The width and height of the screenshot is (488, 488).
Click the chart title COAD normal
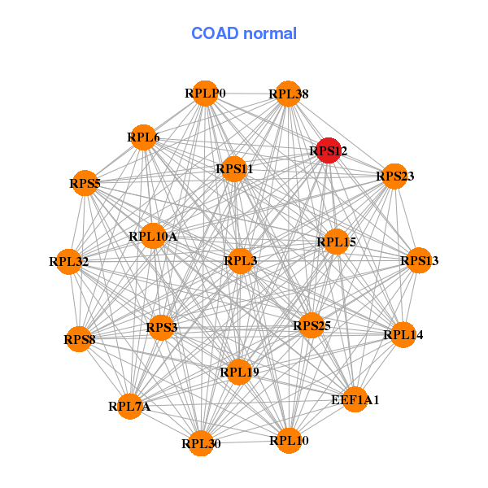(244, 33)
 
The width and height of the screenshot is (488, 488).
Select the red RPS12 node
(328, 150)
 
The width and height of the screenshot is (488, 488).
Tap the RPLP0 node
(205, 94)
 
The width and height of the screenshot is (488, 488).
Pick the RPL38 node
(289, 94)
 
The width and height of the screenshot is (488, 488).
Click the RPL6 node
(143, 137)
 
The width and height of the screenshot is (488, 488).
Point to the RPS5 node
(85, 184)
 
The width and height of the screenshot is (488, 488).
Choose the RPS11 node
(234, 169)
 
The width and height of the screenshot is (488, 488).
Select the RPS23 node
(394, 176)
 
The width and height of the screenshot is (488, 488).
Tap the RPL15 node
(337, 242)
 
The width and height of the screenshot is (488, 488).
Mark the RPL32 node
(69, 262)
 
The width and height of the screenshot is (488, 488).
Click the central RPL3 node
(240, 261)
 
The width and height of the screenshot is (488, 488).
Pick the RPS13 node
(419, 261)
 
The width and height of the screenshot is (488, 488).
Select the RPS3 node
(161, 328)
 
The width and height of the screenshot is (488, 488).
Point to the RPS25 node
(312, 326)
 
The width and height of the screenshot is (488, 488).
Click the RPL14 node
(403, 334)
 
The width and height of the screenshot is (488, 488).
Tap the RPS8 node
(80, 339)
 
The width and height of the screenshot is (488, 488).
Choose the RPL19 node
(239, 373)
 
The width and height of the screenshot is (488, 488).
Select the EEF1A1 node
(355, 399)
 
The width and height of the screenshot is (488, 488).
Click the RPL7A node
(130, 406)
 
